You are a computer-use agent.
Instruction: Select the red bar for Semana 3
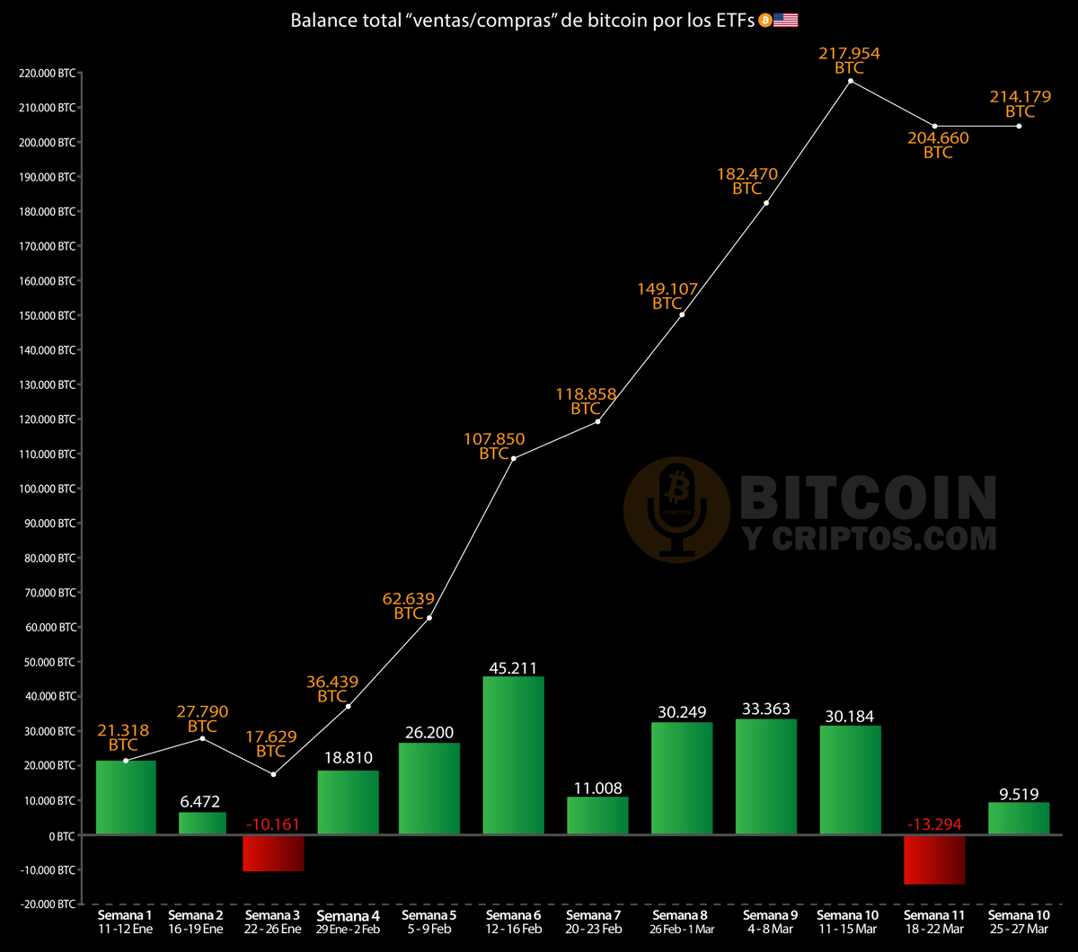pyautogui.click(x=274, y=853)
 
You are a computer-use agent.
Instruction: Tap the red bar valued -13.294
pyautogui.click(x=934, y=859)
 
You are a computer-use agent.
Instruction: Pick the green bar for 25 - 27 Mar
pyautogui.click(x=1019, y=818)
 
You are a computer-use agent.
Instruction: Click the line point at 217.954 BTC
pyautogui.click(x=850, y=82)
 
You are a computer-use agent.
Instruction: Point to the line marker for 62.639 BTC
pyautogui.click(x=429, y=618)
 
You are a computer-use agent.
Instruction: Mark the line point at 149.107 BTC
pyautogui.click(x=683, y=314)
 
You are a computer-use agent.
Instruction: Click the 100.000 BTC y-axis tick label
pyautogui.click(x=47, y=489)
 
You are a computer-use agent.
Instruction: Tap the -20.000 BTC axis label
pyautogui.click(x=47, y=904)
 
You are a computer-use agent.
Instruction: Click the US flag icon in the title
pyautogui.click(x=786, y=20)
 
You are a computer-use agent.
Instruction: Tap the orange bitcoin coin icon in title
pyautogui.click(x=764, y=20)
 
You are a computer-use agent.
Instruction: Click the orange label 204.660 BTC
pyautogui.click(x=938, y=145)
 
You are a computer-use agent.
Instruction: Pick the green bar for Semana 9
pyautogui.click(x=765, y=777)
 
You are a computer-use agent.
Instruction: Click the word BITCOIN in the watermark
pyautogui.click(x=867, y=496)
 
